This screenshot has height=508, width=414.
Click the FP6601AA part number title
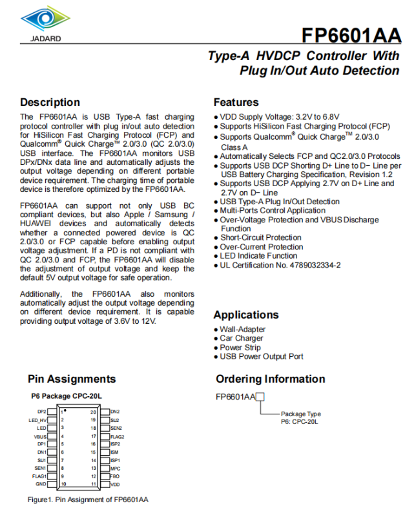[x=351, y=34]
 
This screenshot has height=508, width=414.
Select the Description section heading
[x=50, y=102]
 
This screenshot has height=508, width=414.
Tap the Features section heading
[x=236, y=102]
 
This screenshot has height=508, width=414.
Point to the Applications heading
[x=246, y=315]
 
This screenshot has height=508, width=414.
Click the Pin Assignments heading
[x=72, y=379]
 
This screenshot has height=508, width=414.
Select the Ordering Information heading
[x=271, y=379]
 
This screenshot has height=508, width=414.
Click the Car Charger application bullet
[x=242, y=338]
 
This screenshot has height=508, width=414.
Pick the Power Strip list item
[x=240, y=347]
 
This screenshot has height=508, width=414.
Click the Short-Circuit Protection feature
[x=260, y=238]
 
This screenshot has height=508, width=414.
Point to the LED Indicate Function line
[x=258, y=256]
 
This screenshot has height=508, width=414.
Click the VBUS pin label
[x=40, y=436]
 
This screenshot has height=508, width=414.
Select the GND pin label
[x=41, y=484]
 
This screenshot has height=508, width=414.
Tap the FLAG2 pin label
[x=117, y=436]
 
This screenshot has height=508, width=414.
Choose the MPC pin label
[x=115, y=468]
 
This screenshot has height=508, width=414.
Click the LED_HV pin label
[x=37, y=420]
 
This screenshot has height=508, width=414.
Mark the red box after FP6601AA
[x=260, y=397]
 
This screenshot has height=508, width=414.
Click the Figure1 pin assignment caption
[x=88, y=500]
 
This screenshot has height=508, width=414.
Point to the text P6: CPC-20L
[x=300, y=421]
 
